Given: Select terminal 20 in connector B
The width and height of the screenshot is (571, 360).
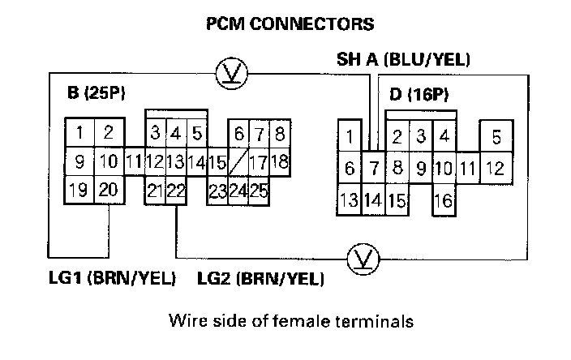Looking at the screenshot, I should tap(108, 191).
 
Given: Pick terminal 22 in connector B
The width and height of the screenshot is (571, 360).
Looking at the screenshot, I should tap(177, 191).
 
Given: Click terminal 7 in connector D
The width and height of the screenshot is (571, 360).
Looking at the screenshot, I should tap(372, 169).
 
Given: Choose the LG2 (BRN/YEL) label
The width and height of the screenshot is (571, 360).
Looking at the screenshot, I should tap(261, 279).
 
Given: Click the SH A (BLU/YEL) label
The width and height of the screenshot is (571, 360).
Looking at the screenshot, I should tap(404, 60).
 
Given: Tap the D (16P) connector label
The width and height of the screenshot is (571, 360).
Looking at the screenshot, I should tap(419, 95).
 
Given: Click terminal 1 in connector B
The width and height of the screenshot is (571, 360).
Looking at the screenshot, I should tap(79, 132).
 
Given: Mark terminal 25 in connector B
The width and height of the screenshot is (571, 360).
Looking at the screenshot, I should tap(259, 191).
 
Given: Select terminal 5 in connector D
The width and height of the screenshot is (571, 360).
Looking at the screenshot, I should tap(497, 137).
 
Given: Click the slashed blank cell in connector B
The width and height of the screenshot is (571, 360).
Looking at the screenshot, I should tap(238, 161).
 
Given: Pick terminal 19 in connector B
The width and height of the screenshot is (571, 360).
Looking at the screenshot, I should tap(79, 191).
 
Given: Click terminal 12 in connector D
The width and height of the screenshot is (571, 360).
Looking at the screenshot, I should tap(496, 169).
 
